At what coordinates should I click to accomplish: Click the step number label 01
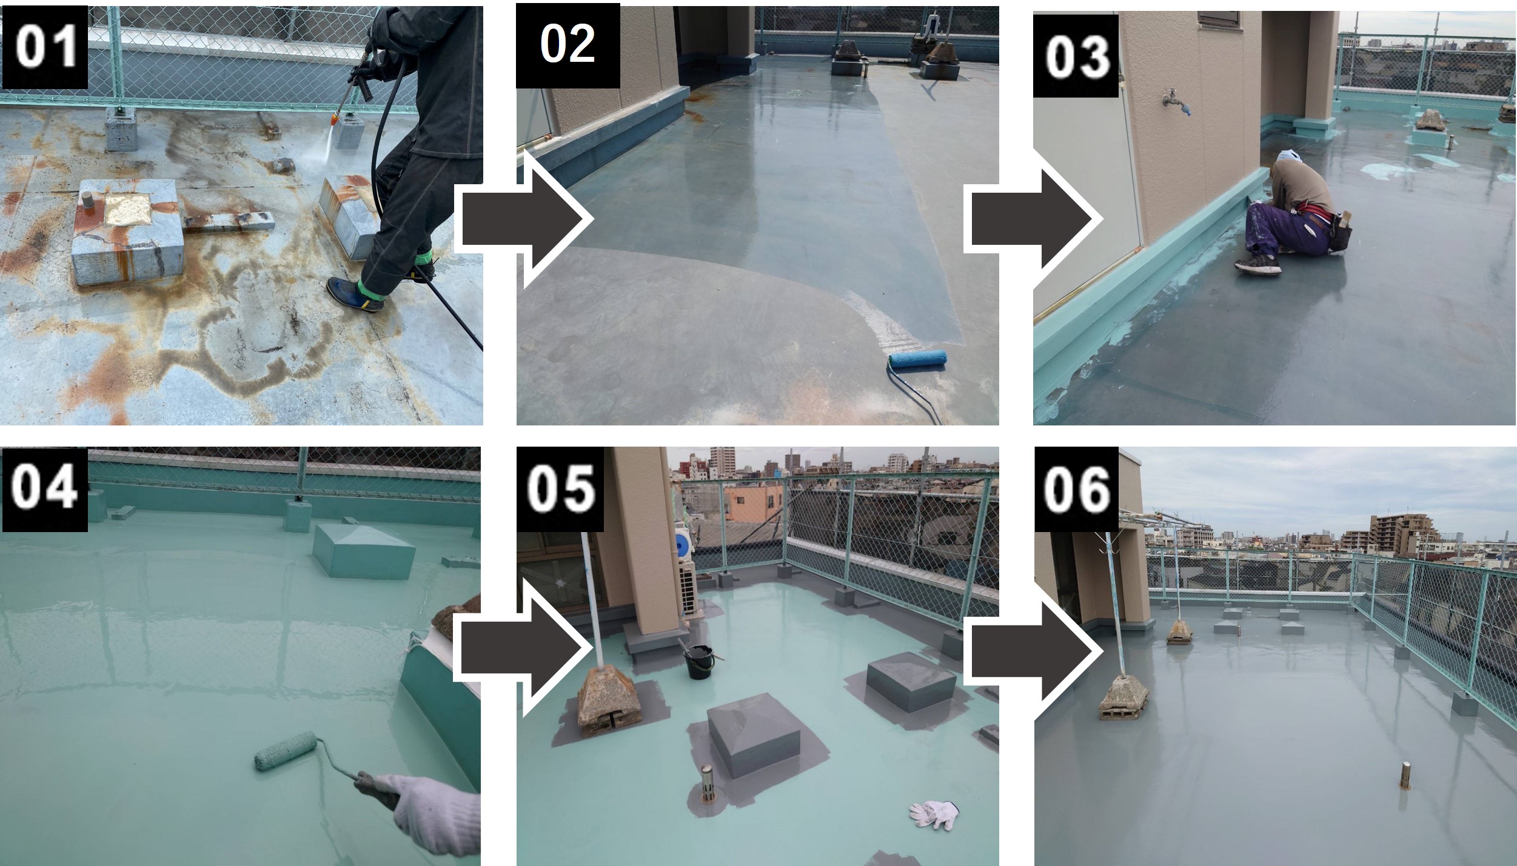click(x=45, y=47)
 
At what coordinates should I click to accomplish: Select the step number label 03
click(x=1077, y=56)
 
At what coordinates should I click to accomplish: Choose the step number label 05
click(x=560, y=488)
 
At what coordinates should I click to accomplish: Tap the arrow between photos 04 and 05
click(x=524, y=648)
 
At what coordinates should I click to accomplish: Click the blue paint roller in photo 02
click(x=917, y=359)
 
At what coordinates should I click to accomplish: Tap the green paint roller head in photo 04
click(x=286, y=750)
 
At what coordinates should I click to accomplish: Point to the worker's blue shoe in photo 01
click(x=355, y=295)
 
